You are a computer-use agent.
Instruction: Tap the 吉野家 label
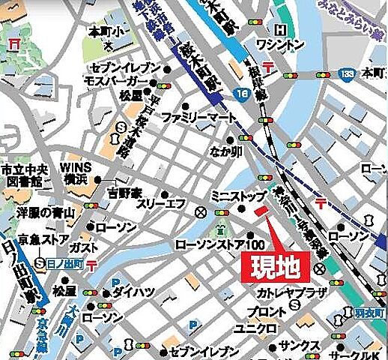pos(125,193)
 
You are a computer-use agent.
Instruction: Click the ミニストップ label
pos(237,196)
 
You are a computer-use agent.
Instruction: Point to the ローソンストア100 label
pos(220,244)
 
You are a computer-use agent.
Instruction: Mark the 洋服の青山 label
pos(46,213)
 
